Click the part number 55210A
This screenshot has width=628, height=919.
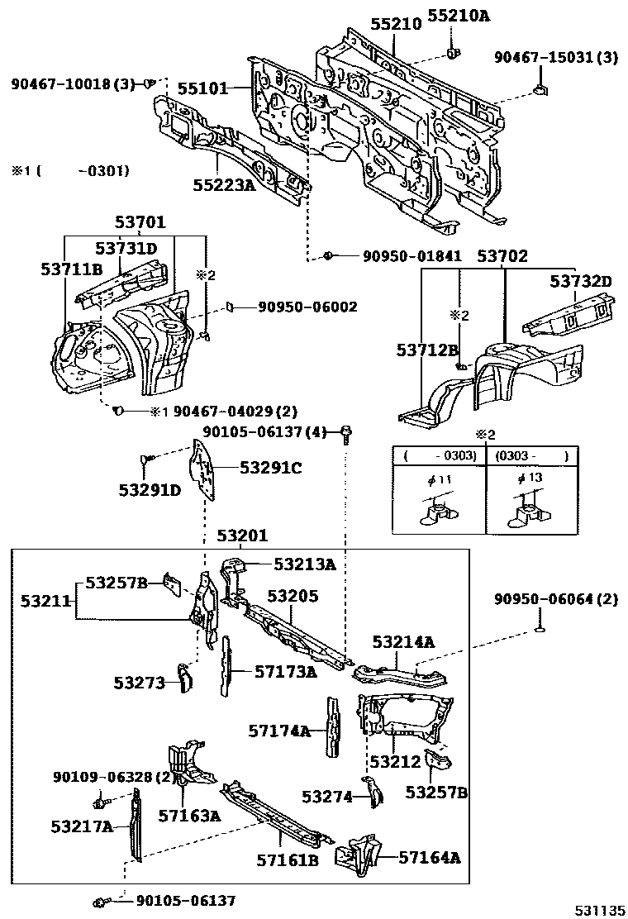click(x=457, y=16)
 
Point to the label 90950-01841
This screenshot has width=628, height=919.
click(x=412, y=257)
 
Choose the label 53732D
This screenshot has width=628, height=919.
click(x=581, y=282)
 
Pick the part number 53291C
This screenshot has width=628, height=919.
click(x=270, y=468)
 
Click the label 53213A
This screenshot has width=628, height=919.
click(x=304, y=564)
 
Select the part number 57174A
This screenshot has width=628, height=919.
click(x=279, y=730)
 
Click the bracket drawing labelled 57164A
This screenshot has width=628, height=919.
click(x=358, y=853)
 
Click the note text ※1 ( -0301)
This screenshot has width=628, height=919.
click(x=69, y=171)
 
